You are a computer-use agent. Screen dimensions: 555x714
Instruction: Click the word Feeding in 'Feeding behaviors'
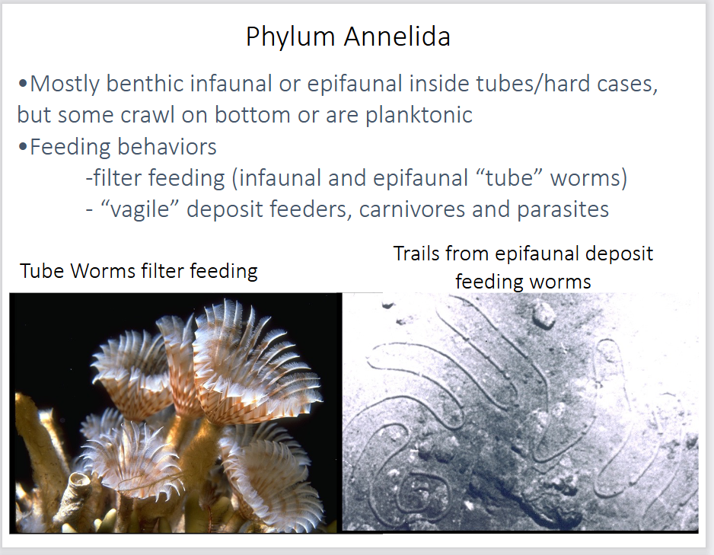coord(72,146)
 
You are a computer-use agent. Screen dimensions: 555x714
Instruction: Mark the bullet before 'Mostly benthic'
coord(23,84)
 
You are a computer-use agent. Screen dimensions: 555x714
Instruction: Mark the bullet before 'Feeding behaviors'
coord(23,146)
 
